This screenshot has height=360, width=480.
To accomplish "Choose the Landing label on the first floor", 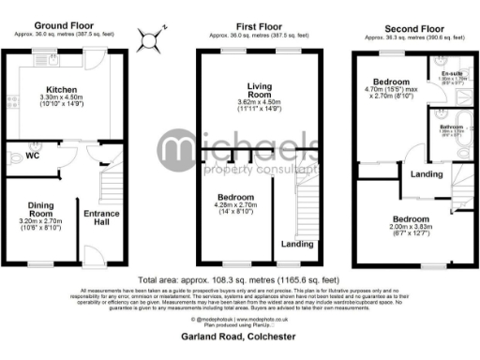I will (x=297, y=246).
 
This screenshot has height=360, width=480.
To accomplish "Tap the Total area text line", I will (x=239, y=280).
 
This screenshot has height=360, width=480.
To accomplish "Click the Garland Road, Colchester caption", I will (x=239, y=336).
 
